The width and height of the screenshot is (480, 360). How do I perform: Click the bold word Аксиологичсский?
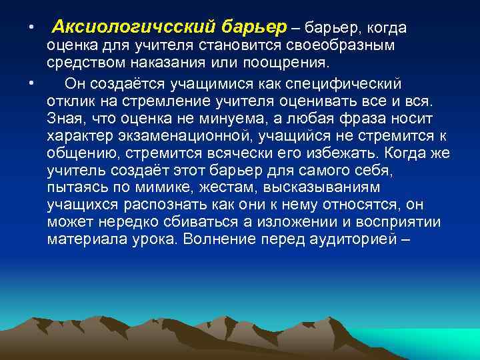point(133,27)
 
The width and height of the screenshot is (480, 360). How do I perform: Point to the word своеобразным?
point(347,46)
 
